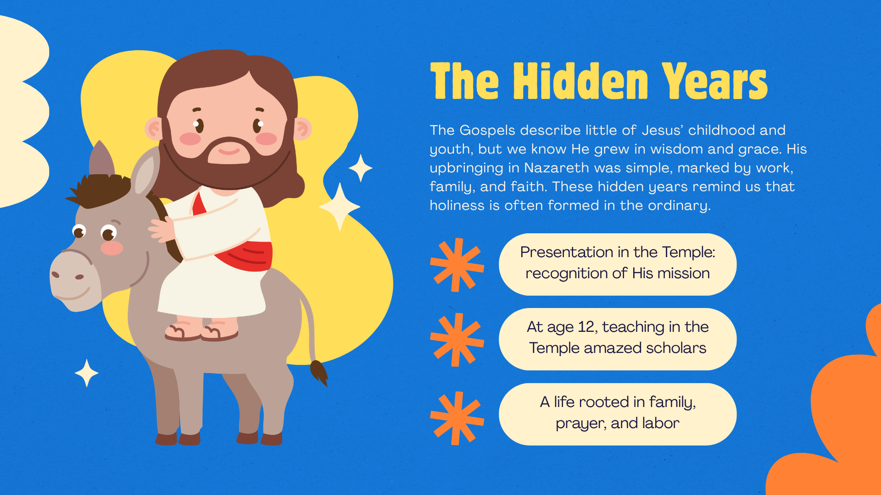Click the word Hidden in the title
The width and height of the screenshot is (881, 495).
coord(580,81)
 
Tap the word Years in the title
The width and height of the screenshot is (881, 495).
coord(714,81)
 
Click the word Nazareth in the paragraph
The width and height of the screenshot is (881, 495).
coord(557,168)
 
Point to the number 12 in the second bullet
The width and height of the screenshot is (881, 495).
coord(586,327)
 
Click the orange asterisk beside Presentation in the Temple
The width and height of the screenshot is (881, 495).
coord(457,265)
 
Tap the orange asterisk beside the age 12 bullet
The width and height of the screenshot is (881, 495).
coord(457,340)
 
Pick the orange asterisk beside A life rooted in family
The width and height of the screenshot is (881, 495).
coord(457,418)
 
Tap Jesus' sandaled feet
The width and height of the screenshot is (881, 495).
coord(201,330)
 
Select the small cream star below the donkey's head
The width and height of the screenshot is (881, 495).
coord(86,373)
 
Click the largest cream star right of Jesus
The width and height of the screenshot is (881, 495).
coord(340,207)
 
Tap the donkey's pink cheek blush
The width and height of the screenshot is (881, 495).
coord(112,248)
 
